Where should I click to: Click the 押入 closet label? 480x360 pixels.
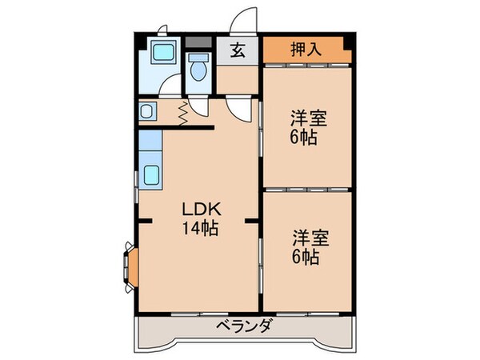coord(306,48)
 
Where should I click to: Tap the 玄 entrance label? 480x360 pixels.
coord(238,50)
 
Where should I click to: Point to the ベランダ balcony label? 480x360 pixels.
coord(245,326)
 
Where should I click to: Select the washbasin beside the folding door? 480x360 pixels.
coord(148,110)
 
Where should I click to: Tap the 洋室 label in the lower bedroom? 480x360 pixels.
coord(307,238)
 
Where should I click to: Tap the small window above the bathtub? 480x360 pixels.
coord(162,32)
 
